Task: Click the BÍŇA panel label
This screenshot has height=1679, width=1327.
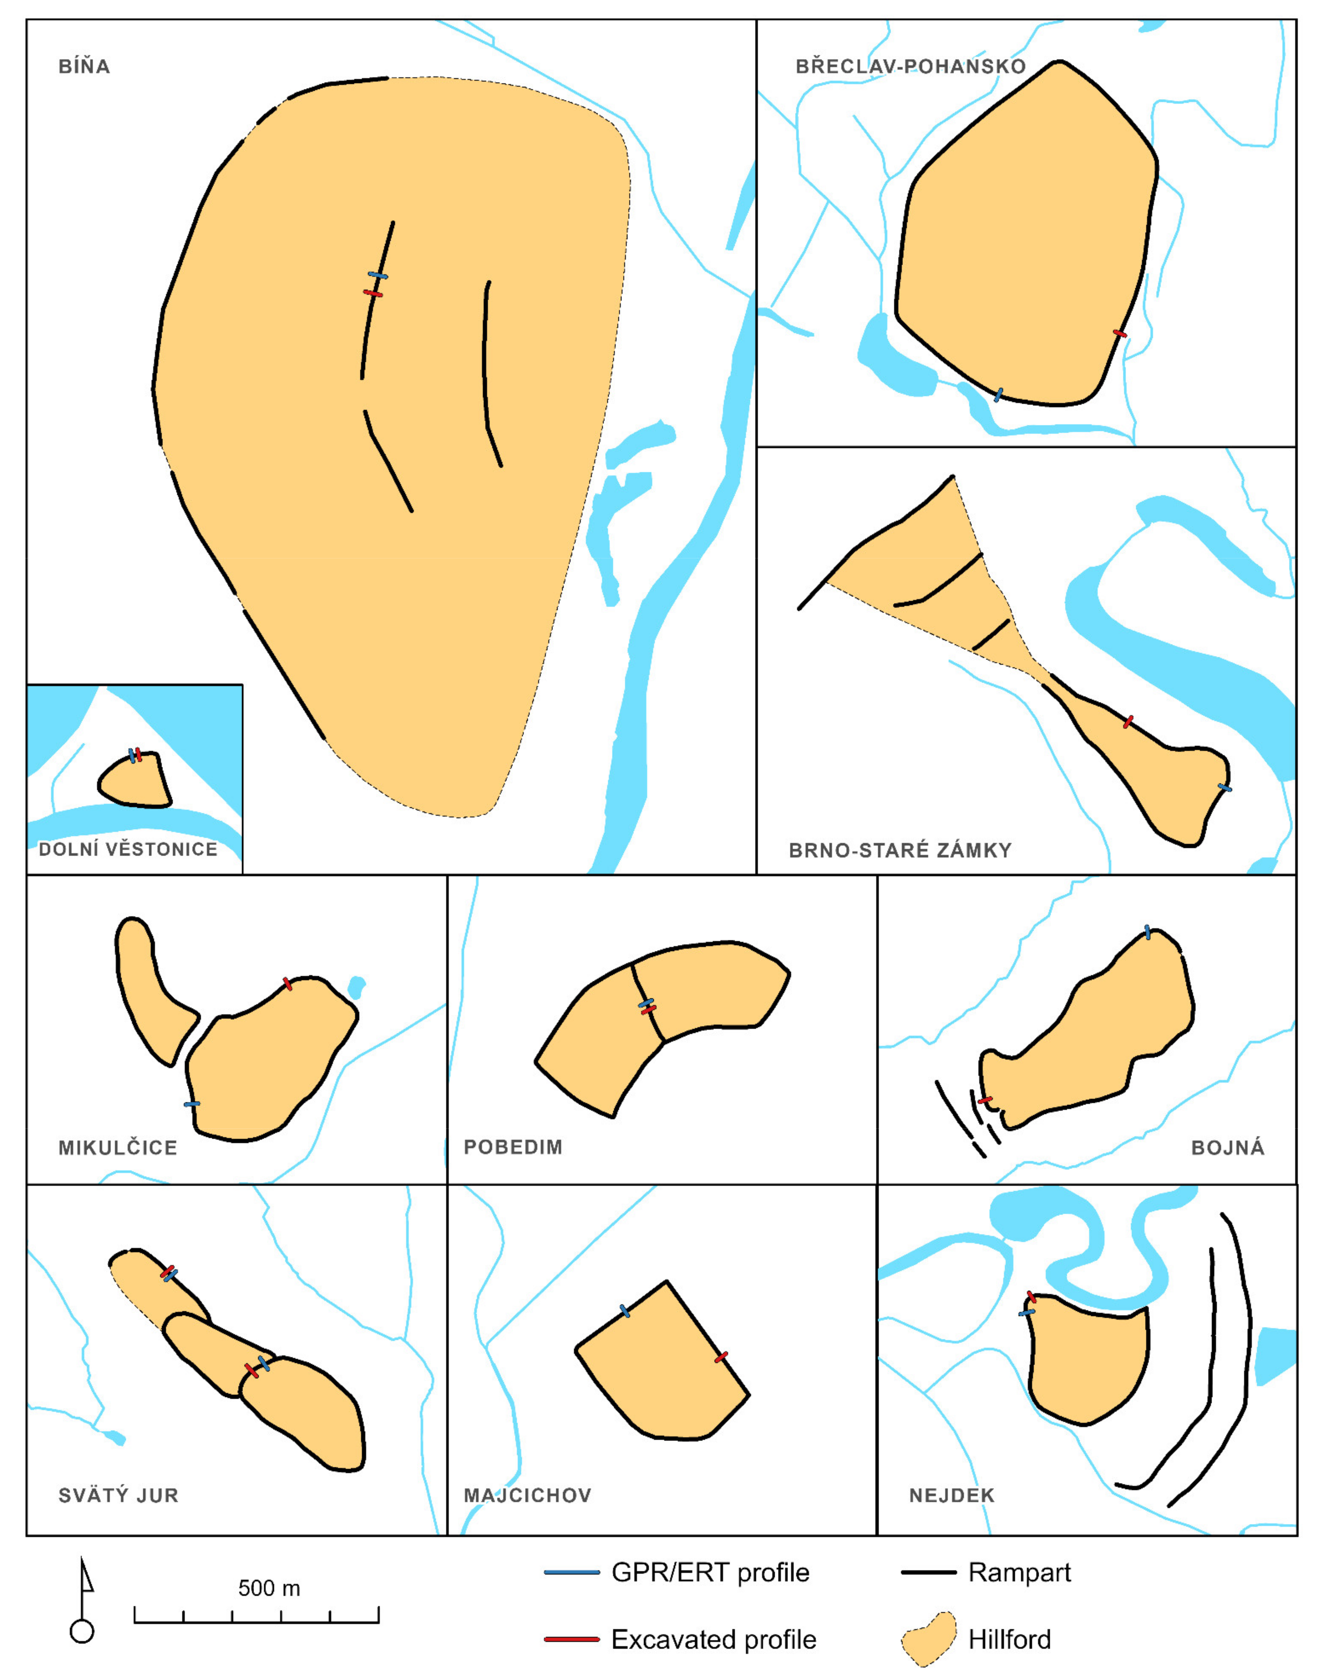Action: [84, 66]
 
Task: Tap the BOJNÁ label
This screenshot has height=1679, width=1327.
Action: [1228, 1147]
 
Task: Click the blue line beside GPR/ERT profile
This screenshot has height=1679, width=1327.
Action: [572, 1573]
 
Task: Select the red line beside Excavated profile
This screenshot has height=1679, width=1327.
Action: [572, 1639]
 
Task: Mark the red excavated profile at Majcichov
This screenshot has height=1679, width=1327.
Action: [721, 1357]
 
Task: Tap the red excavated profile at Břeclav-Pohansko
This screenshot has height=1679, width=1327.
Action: [1120, 333]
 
